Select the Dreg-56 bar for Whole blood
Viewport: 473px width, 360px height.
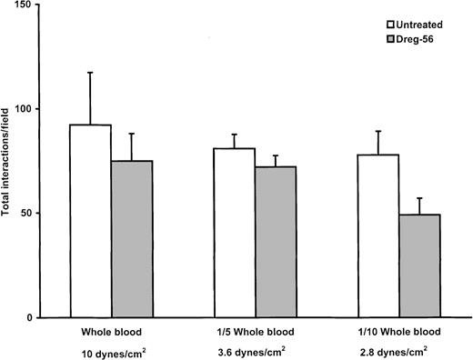point(132,239)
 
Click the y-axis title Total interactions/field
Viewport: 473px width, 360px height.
point(11,160)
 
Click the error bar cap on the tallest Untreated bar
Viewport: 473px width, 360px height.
point(90,73)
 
